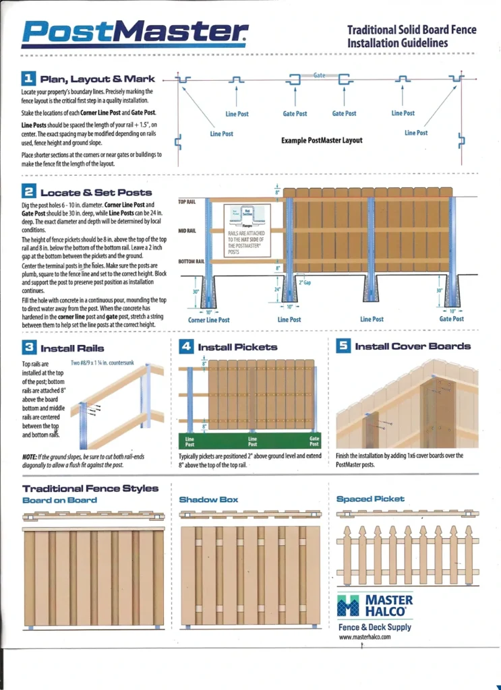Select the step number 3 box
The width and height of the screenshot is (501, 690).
pos(29,348)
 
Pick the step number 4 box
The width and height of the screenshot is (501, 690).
pos(187,346)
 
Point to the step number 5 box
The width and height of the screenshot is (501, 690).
pos(343,346)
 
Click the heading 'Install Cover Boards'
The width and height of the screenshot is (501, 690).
pos(413,346)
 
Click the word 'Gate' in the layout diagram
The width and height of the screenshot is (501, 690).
pos(320,75)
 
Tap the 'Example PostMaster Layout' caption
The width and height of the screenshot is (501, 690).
pos(322,140)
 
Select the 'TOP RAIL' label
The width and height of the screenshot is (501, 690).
pos(187,201)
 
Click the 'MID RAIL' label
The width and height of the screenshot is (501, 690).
pos(187,230)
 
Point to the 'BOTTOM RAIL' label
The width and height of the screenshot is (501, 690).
pos(191,261)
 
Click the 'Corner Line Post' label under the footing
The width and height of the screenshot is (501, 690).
pos(208,320)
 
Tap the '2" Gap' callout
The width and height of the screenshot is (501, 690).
pos(305,282)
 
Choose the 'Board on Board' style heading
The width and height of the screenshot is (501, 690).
pos(59,500)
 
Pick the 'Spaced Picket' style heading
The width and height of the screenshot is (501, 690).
pos(370,499)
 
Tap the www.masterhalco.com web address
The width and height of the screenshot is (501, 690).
pos(365,637)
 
